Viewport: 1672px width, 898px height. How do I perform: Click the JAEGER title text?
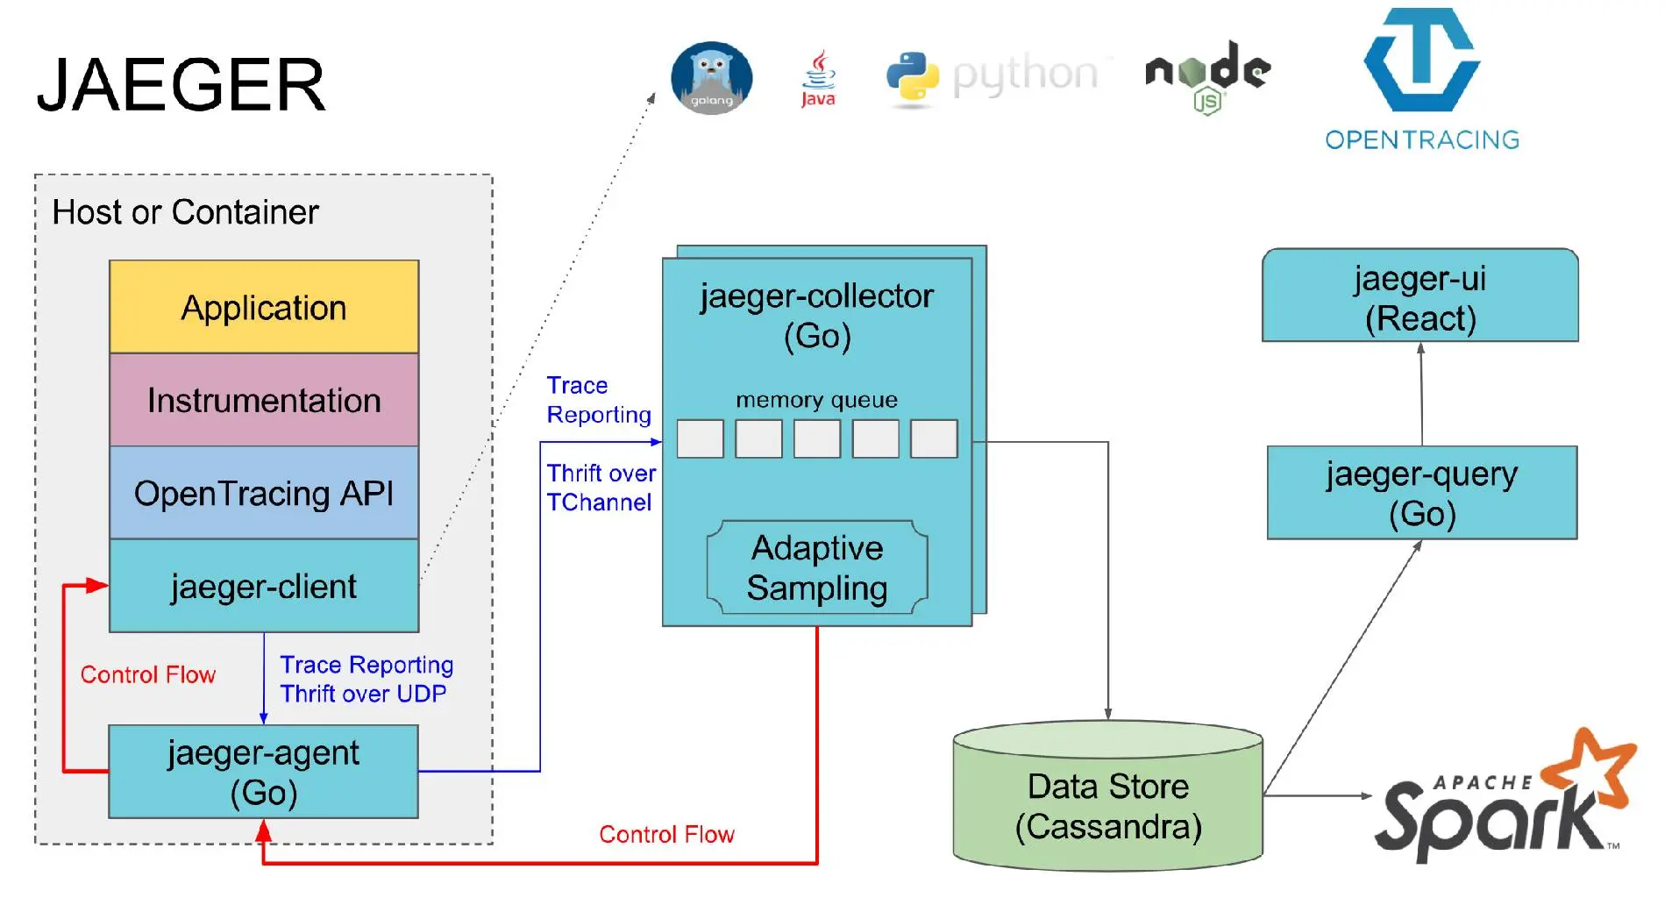pyautogui.click(x=181, y=85)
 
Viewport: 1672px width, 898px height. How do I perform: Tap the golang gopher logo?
pyautogui.click(x=711, y=78)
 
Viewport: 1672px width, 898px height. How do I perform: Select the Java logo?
pyautogui.click(x=818, y=79)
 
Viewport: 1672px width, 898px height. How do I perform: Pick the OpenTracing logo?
pyautogui.click(x=1421, y=79)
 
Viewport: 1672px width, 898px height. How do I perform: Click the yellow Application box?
pyautogui.click(x=264, y=308)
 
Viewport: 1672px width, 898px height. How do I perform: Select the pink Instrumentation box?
pyautogui.click(x=264, y=401)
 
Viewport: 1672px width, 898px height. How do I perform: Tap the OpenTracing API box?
pyautogui.click(x=264, y=494)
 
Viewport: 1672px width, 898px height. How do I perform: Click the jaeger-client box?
pyautogui.click(x=264, y=586)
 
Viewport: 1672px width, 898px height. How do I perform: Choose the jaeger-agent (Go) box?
pyautogui.click(x=263, y=772)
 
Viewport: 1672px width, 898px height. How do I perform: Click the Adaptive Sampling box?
pyautogui.click(x=817, y=567)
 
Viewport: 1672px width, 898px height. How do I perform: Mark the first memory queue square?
pyautogui.click(x=700, y=438)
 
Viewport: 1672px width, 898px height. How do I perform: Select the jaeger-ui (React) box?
pyautogui.click(x=1419, y=296)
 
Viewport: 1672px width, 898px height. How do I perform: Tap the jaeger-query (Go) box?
pyautogui.click(x=1421, y=493)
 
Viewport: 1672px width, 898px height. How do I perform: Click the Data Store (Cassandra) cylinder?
pyautogui.click(x=1107, y=805)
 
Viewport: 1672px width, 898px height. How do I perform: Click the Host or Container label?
pyautogui.click(x=185, y=212)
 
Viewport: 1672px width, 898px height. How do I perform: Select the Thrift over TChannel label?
pyautogui.click(x=601, y=488)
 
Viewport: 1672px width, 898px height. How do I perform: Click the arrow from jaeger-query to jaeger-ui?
pyautogui.click(x=1421, y=394)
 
